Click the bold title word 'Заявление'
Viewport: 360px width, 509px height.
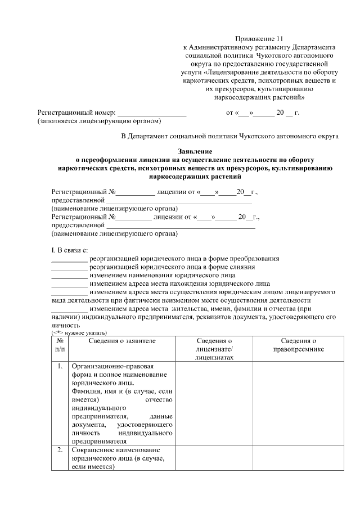coord(195,151)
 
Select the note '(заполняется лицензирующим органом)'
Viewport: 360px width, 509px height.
coord(99,121)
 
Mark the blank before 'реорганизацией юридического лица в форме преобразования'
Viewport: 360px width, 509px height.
coord(69,259)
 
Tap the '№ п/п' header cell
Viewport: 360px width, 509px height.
coord(60,345)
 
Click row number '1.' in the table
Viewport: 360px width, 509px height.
coord(60,367)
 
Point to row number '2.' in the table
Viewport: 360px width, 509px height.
coord(60,451)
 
